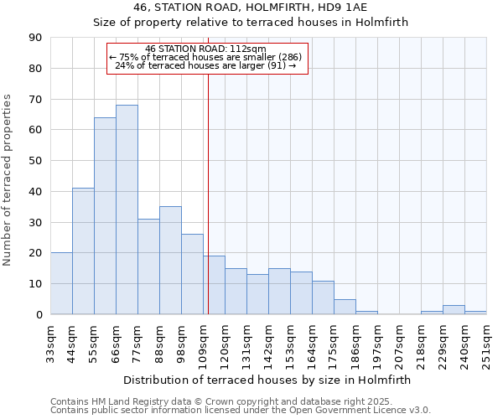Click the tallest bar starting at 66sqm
127,209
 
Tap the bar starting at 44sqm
83,251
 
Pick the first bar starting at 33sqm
61,283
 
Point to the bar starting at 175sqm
345,307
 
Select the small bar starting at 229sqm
454,310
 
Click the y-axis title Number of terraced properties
8,180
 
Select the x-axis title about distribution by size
267,380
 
